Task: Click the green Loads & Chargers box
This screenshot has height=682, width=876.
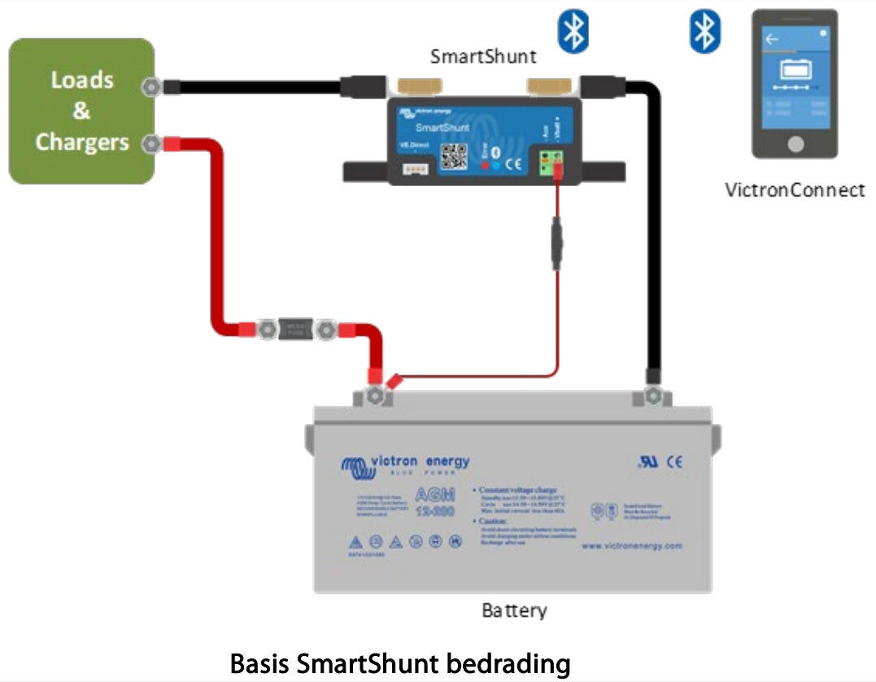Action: point(81,111)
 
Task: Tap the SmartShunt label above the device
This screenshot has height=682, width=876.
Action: point(483,57)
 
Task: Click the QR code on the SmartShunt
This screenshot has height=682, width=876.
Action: point(454,155)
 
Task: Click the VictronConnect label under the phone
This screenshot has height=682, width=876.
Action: point(795,190)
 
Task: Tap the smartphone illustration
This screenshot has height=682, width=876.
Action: point(794,84)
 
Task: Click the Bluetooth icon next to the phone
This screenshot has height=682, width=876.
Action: point(705,33)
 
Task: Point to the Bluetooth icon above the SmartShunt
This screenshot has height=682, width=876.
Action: point(573,33)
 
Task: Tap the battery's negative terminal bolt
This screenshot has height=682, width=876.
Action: point(652,397)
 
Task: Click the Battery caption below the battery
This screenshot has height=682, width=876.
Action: point(514,610)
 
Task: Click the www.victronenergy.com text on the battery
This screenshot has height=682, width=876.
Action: point(631,545)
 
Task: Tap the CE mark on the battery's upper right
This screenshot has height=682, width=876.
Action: point(674,462)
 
